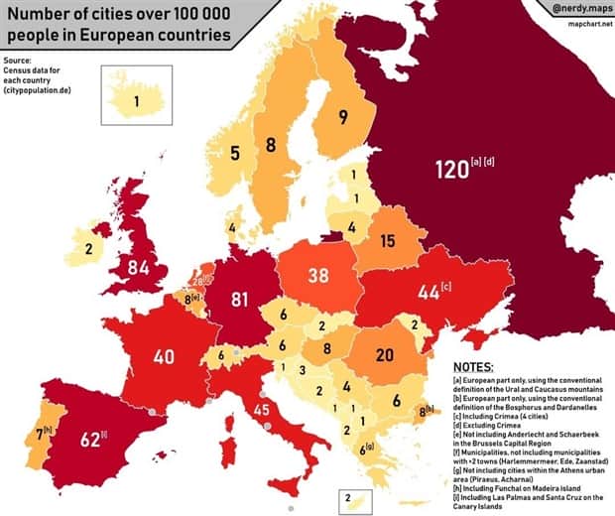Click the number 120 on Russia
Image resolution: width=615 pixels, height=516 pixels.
click(x=450, y=170)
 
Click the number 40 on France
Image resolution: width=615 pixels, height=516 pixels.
click(x=164, y=355)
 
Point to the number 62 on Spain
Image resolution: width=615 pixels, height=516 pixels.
click(x=90, y=439)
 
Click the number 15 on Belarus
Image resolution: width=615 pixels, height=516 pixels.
click(x=387, y=240)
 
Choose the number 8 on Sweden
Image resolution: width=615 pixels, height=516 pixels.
click(x=270, y=145)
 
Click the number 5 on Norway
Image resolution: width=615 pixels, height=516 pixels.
click(x=235, y=153)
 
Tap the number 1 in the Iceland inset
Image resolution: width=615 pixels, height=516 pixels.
click(x=138, y=100)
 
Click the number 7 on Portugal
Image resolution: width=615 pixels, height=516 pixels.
click(x=39, y=433)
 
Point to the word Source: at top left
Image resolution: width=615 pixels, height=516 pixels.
click(x=17, y=61)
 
